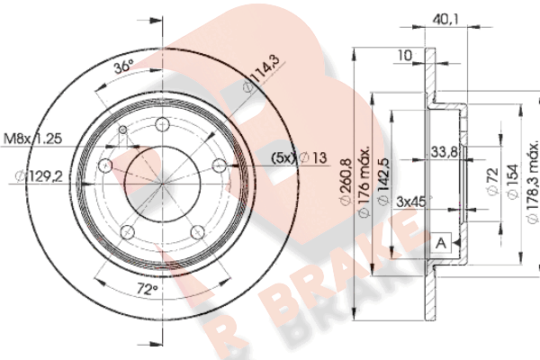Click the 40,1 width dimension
[x=445, y=20]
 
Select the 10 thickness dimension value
[x=405, y=55]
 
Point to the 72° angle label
[x=147, y=289]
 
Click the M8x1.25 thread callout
[x=32, y=139]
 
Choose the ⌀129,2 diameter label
[x=39, y=176]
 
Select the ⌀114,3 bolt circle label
[x=265, y=74]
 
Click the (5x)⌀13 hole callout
[x=300, y=157]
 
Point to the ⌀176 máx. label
[x=364, y=182]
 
